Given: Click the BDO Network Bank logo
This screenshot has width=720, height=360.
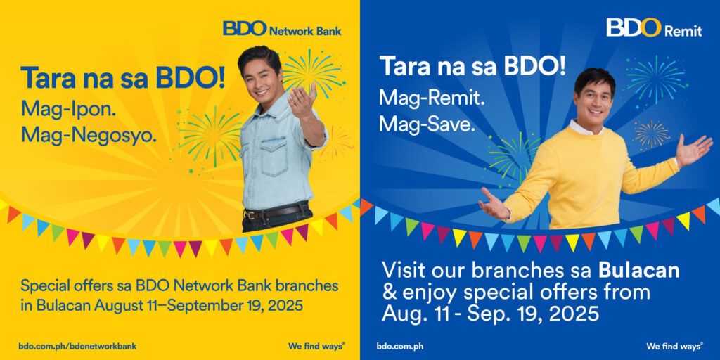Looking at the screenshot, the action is pos(282,28).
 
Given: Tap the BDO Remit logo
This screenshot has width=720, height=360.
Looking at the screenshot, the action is pos(654,27).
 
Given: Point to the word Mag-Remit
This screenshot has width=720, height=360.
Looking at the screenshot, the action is pos(432,98).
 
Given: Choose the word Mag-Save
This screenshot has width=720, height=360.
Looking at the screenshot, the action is pos(427,124).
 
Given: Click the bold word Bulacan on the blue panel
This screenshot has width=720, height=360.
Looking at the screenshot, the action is pos(638,271).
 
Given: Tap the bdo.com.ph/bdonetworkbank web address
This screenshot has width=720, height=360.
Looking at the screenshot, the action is pos(77,346).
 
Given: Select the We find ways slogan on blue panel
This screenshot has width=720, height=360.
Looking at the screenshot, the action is pos(675,346).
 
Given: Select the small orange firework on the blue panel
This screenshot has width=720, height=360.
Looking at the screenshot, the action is pos(652,134).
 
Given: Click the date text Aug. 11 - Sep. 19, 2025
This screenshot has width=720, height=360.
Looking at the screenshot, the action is pos(490,314).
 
